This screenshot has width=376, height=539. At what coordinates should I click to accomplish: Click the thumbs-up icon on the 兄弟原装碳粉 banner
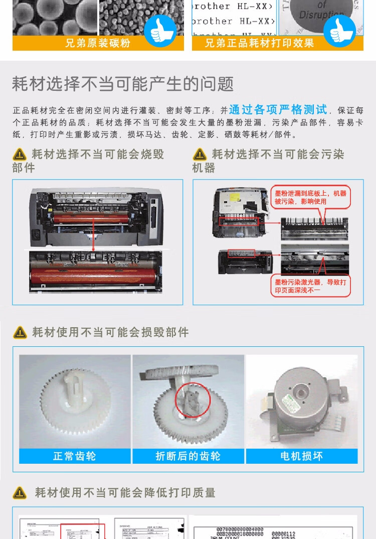[160, 31]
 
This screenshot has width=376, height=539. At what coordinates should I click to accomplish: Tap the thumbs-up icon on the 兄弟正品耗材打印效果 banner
[339, 31]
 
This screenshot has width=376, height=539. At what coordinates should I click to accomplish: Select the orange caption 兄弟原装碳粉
[98, 43]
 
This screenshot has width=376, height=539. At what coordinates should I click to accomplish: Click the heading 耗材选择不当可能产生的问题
[123, 84]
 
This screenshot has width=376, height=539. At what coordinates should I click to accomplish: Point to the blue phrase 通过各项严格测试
[278, 109]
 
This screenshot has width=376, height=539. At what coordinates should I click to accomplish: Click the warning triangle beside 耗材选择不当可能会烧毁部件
[20, 155]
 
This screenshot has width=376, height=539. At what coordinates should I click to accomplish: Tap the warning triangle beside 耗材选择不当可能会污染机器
[200, 155]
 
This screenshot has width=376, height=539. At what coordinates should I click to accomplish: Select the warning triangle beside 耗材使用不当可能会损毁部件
[20, 332]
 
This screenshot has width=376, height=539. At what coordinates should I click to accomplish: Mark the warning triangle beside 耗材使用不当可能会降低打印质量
[20, 493]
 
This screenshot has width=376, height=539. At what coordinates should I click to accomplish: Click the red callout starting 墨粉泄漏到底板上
[310, 197]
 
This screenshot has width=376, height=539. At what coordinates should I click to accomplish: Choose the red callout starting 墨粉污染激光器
[310, 286]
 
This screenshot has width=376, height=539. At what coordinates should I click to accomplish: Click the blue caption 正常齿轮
[75, 456]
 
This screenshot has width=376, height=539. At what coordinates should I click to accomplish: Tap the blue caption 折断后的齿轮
[188, 456]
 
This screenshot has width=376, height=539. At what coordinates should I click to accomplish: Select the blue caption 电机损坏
[302, 456]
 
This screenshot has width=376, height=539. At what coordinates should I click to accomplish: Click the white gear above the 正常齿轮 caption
[75, 404]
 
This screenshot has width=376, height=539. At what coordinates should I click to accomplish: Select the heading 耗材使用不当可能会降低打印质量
[125, 493]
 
